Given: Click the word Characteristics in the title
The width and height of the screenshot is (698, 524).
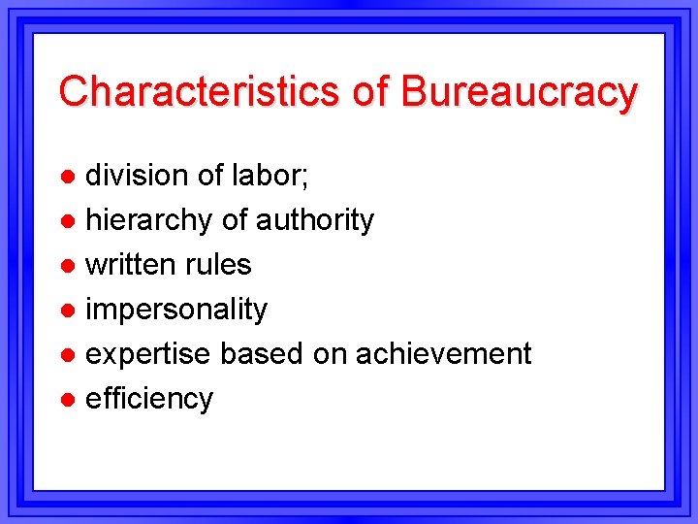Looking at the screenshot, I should [192, 91].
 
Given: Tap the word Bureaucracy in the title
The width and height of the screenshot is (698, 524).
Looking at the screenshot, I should [519, 91].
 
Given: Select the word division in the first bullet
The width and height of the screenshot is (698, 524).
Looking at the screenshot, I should [137, 176].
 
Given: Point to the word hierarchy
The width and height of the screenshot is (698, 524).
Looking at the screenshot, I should [149, 221].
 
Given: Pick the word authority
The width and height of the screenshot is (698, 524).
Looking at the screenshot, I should [314, 221].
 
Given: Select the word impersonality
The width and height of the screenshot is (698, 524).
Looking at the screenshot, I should [176, 310].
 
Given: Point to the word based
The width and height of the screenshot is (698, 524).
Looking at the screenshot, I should [262, 354].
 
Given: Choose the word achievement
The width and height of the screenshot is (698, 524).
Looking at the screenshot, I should [443, 354].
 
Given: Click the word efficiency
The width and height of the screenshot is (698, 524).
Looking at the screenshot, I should [149, 399].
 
